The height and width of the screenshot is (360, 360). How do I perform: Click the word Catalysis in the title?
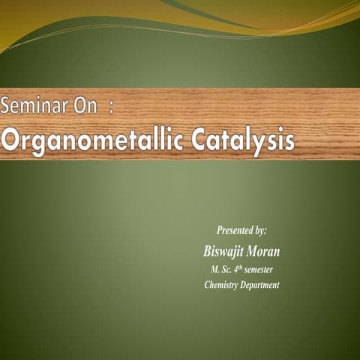tap(244, 140)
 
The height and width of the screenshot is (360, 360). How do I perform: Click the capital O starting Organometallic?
tap(10, 140)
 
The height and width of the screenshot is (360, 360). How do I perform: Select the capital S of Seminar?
tap(6, 106)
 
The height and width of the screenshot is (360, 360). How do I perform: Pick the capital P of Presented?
tap(220, 229)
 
